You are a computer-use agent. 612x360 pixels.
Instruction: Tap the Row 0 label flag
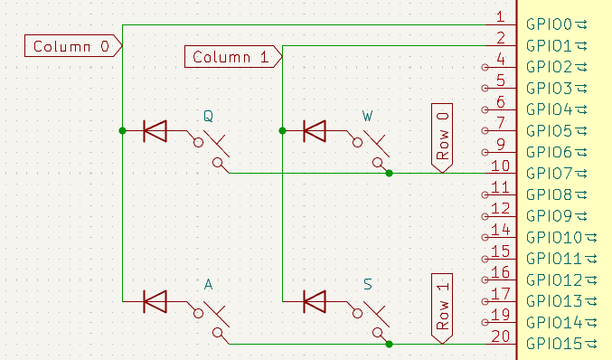point(442,136)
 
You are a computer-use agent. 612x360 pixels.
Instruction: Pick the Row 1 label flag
point(442,307)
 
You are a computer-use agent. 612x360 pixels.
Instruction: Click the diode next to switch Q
point(155,131)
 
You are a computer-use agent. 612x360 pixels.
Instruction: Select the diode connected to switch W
point(315,131)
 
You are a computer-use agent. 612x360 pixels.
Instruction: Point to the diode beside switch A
point(155,301)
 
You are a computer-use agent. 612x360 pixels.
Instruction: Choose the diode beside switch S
point(315,301)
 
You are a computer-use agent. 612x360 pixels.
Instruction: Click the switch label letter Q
point(208,116)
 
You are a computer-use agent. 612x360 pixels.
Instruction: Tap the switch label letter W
point(367,116)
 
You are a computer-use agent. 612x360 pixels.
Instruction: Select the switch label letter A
point(208,285)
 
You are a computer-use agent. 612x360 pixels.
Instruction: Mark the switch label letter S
point(367,285)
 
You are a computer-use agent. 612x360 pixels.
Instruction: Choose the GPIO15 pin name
point(558,343)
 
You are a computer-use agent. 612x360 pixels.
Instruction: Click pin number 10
point(500,166)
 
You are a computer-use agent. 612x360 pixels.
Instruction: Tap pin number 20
point(500,336)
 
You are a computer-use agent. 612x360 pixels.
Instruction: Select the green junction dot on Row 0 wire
point(389,173)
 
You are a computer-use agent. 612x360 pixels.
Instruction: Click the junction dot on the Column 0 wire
point(122,131)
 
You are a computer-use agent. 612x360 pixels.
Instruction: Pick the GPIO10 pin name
point(558,237)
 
